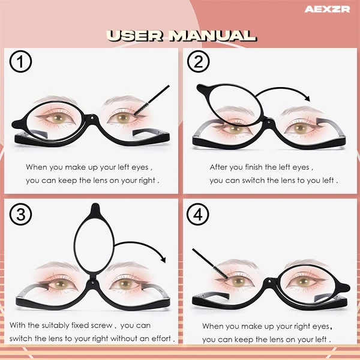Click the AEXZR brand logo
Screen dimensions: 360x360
pos(327,10)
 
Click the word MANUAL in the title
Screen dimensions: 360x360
pos(212,36)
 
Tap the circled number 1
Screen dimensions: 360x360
pos(20,62)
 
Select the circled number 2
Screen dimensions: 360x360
pos(198,62)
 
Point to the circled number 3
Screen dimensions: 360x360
pos(20,214)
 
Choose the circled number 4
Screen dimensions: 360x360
pos(197,214)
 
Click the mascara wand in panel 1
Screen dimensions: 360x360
pos(152,100)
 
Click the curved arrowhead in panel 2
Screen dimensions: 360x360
pos(307,98)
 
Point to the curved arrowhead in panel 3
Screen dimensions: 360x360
pos(163,259)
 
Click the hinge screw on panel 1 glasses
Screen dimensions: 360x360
pos(92,118)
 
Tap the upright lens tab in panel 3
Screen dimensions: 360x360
pos(95,209)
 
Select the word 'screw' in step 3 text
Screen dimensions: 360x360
pos(101,325)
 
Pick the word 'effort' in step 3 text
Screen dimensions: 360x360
pos(161,338)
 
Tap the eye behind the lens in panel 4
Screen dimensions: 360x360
pos(304,281)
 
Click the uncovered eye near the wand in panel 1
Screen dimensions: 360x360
pos(123,118)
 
